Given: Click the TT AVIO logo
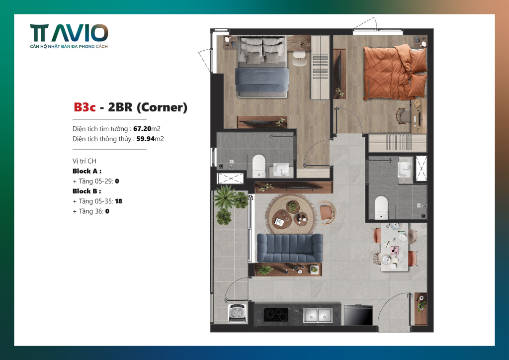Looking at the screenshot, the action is [69, 36].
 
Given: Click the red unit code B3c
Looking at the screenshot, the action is [85, 107].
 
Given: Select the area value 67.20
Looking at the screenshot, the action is [142, 129].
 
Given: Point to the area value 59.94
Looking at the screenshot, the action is [146, 139].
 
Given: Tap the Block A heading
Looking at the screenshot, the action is [87, 171].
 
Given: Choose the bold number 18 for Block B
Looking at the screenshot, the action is [118, 201].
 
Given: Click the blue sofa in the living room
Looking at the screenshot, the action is [290, 248].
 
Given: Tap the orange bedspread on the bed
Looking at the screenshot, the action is [395, 72].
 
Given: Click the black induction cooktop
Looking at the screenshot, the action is [275, 315].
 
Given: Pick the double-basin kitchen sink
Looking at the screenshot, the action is [318, 315].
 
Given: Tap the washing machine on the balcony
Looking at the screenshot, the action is [238, 313].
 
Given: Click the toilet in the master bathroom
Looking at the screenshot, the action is [258, 166].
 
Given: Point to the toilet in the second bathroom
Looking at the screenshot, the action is [381, 208].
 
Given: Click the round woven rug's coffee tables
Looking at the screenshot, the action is [291, 215].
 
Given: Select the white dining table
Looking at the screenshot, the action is [394, 247].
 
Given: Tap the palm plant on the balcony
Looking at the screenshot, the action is [224, 197].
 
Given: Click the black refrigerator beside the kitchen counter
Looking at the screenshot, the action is [358, 315].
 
